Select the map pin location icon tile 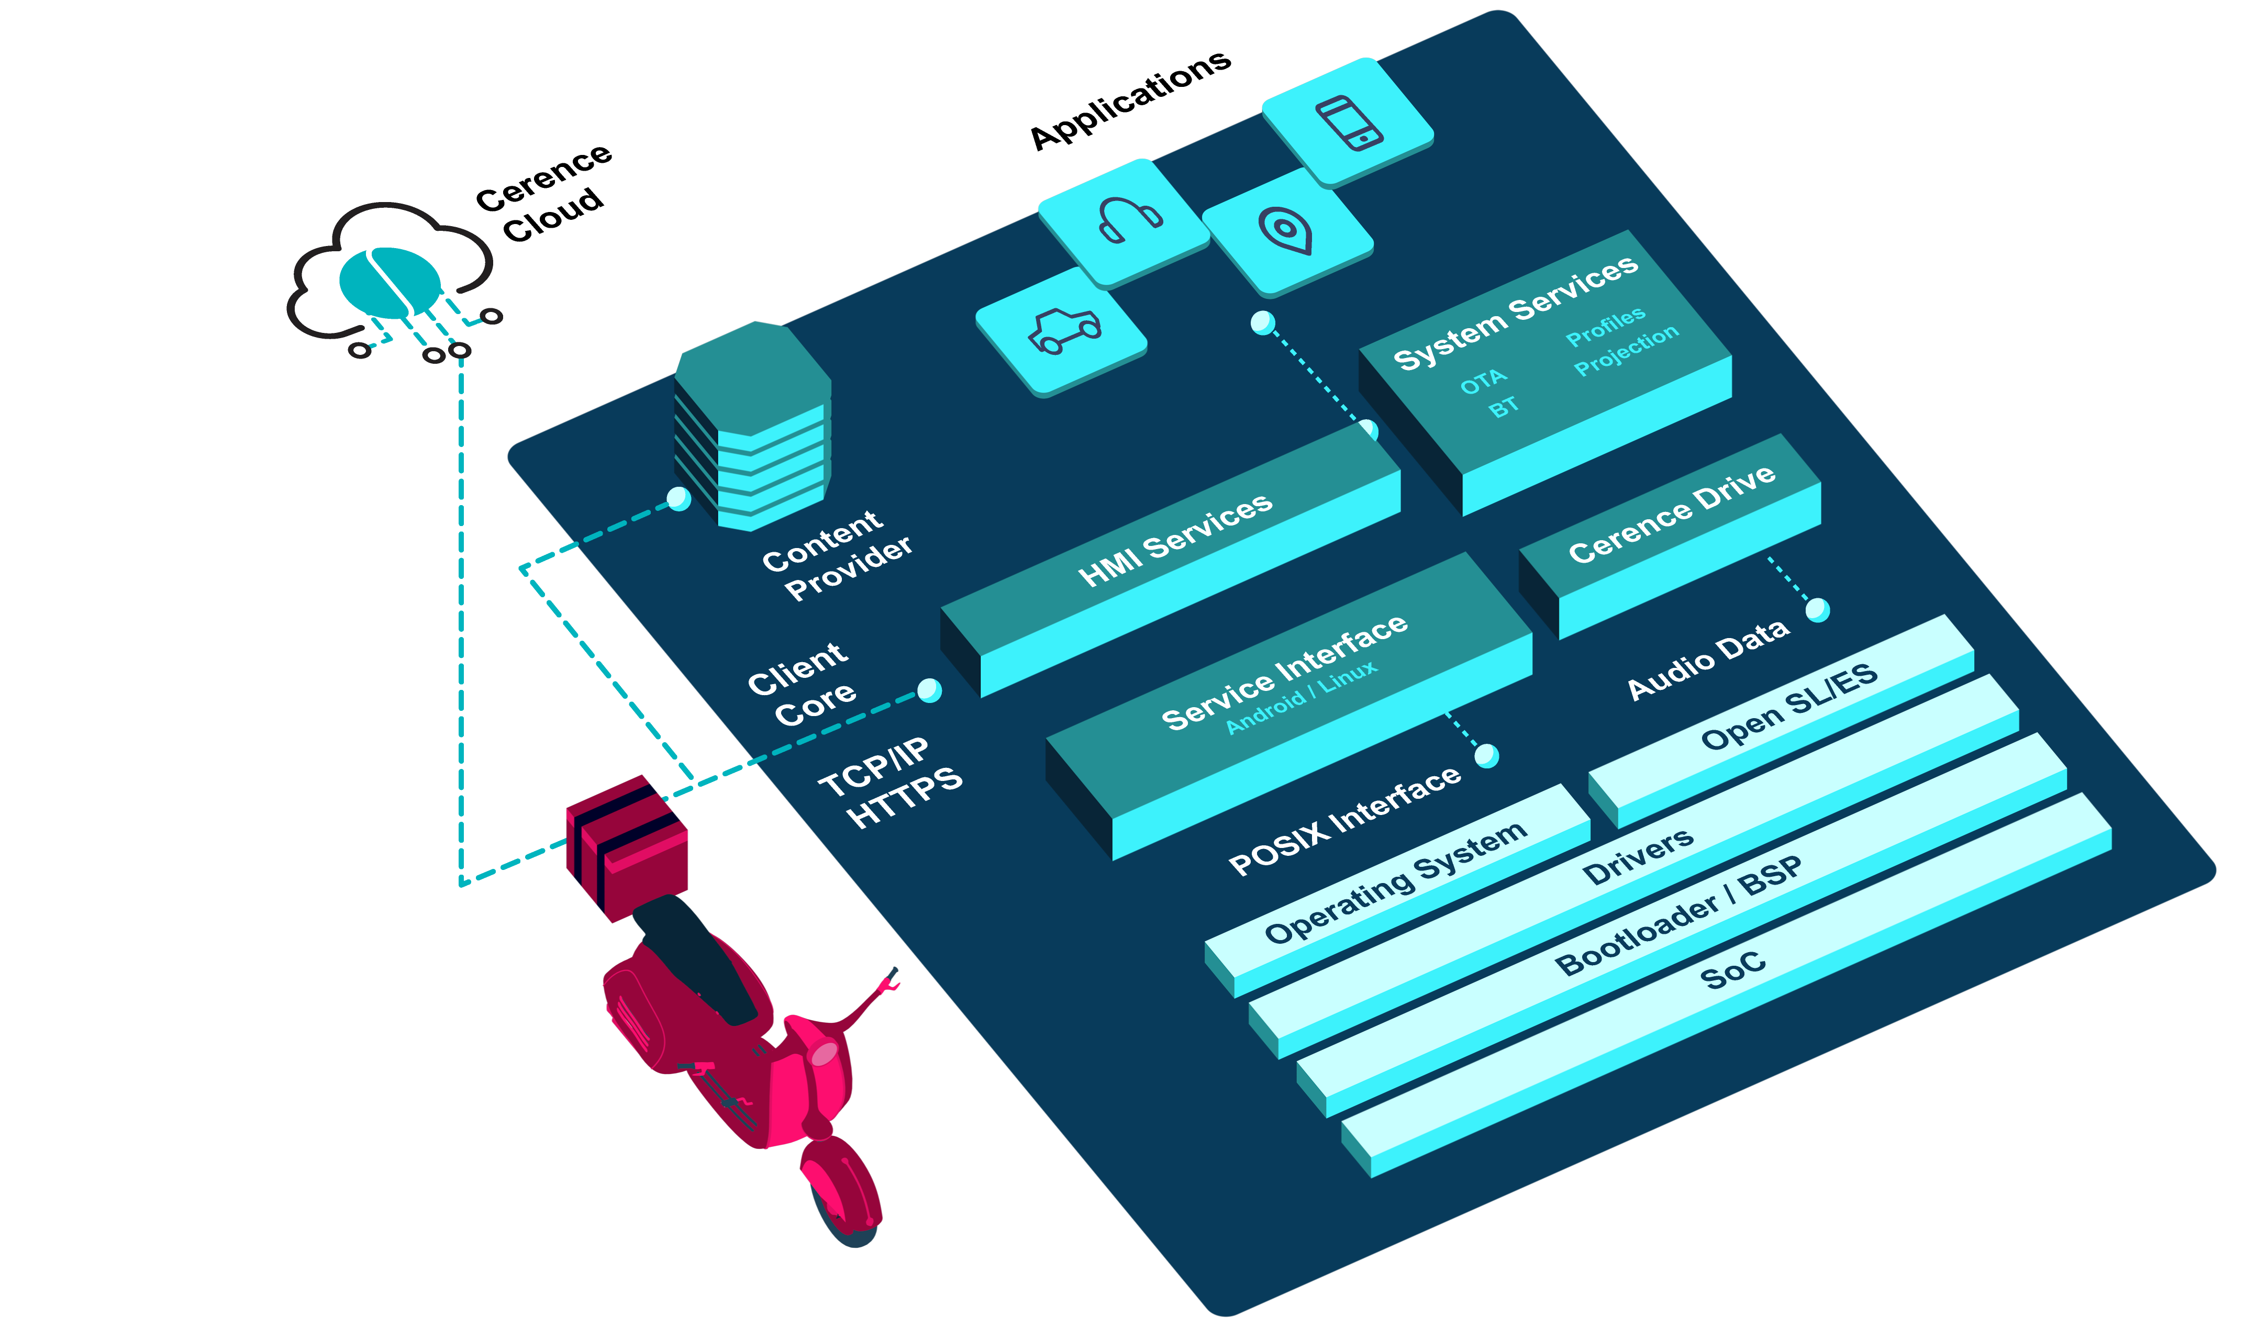[x=1286, y=230]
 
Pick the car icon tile [x=1062, y=330]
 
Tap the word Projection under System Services [x=1626, y=350]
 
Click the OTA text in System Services [x=1483, y=383]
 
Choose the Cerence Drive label [x=1672, y=513]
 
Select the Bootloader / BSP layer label [x=1678, y=914]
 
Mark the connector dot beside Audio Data [x=1817, y=610]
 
